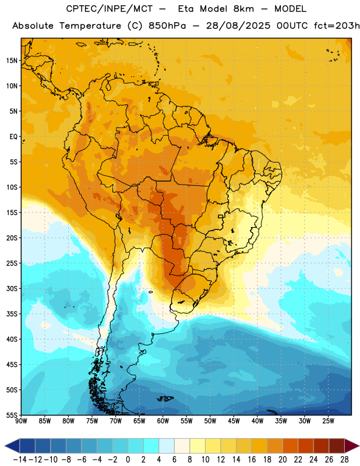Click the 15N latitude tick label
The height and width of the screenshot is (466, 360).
12,61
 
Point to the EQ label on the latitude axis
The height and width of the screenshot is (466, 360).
13,137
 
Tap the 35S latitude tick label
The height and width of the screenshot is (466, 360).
12,314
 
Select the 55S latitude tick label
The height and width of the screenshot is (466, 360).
12,415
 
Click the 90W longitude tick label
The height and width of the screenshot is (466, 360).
21,421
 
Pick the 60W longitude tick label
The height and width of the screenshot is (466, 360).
163,421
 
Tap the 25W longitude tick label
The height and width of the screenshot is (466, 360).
328,421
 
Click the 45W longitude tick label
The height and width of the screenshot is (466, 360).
234,421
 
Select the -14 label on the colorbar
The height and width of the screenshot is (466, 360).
20,460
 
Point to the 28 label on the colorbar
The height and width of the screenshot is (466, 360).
344,460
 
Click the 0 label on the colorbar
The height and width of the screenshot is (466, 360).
128,460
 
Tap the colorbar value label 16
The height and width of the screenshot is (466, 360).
252,460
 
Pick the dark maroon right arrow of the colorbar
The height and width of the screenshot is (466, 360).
352,446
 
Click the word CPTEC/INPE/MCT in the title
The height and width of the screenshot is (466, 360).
110,9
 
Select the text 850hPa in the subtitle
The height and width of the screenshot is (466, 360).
167,26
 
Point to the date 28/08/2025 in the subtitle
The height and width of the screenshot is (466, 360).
238,26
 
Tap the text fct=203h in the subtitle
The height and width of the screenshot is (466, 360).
337,26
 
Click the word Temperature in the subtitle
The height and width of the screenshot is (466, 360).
90,26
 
